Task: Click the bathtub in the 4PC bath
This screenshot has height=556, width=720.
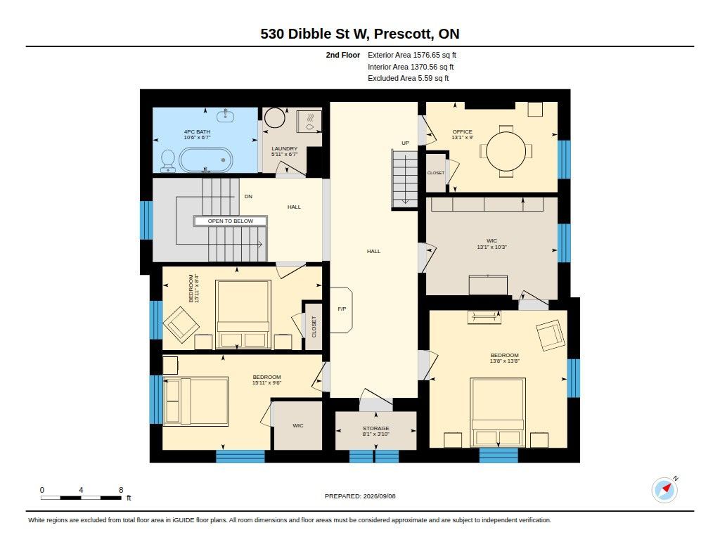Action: pos(205,160)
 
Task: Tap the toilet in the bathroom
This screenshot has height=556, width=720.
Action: pos(168,161)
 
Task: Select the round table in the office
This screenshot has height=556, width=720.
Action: pos(506,151)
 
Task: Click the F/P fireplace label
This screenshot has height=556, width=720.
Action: pos(342,309)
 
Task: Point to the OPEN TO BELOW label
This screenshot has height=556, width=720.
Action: pos(231,221)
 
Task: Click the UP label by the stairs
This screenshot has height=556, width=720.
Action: pos(405,143)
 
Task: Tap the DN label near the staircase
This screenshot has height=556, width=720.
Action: pos(248,197)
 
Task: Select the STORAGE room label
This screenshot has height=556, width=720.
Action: pos(375,428)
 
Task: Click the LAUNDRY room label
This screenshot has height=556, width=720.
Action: pos(284,149)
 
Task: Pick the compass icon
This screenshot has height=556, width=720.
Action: pos(664,490)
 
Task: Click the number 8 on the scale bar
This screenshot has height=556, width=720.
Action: pos(121,490)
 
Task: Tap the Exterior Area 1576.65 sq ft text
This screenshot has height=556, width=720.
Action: pos(412,55)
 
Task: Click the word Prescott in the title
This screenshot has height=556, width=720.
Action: pos(403,34)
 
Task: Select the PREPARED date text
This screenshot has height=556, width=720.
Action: pos(360,496)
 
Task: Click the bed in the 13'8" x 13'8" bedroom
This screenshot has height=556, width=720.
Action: pos(498,412)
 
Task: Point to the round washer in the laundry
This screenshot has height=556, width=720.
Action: pos(275,118)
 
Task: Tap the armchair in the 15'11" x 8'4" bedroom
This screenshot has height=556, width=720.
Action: pos(181,325)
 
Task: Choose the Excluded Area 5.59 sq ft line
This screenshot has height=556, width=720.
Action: pos(409,79)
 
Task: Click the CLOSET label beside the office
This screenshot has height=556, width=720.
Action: pos(436,173)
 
